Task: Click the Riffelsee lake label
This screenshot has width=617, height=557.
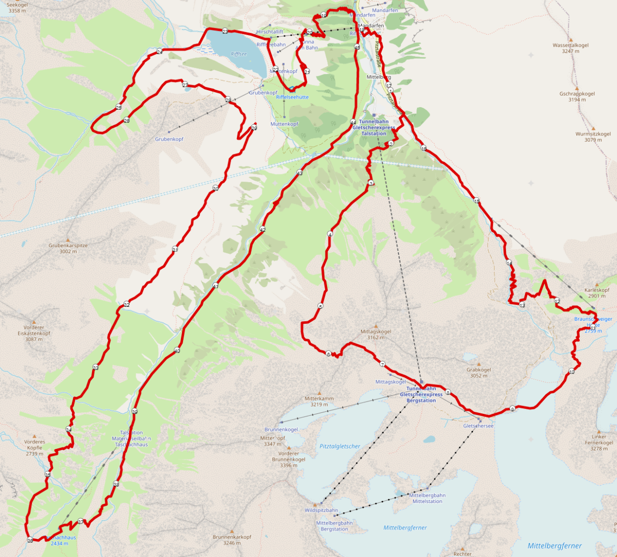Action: [x=239, y=54]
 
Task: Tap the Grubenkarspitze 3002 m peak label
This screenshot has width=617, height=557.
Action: [x=68, y=249]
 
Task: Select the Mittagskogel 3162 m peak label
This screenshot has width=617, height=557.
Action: [x=376, y=335]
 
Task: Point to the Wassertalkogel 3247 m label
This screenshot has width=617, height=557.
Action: [x=571, y=48]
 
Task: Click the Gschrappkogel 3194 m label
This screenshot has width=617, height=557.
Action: [x=577, y=97]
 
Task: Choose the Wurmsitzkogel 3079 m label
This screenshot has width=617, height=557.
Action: [x=593, y=137]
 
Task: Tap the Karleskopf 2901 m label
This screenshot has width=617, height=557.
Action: [x=596, y=293]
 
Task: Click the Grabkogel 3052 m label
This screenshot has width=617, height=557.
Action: [x=479, y=373]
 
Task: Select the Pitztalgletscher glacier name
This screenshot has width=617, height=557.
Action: [x=340, y=446]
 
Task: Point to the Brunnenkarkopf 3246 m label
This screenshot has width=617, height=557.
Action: [x=232, y=539]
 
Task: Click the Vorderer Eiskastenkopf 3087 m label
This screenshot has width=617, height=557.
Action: [x=34, y=333]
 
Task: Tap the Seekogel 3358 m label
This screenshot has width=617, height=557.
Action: [x=17, y=8]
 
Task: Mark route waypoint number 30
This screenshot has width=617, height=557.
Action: [x=215, y=188]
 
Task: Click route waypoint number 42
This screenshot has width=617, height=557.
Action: [x=262, y=229]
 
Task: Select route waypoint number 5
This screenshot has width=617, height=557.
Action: [x=320, y=306]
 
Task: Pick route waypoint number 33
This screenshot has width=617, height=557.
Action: [x=96, y=368]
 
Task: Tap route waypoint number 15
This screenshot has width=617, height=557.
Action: [x=477, y=201]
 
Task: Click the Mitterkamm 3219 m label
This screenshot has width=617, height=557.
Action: [x=319, y=402]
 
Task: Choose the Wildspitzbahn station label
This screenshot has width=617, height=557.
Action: [x=321, y=510]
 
